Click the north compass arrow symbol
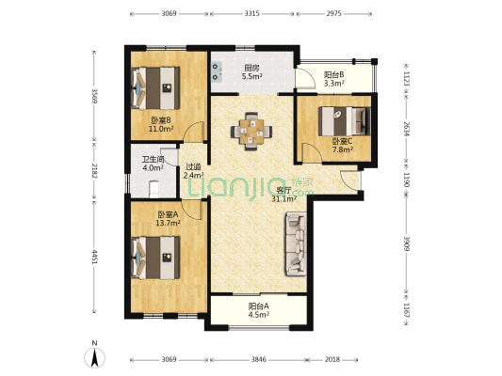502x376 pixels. (94, 357)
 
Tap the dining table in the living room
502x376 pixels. (251, 132)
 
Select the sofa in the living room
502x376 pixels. (296, 243)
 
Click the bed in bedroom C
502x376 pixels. (345, 121)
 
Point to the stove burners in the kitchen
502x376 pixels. (217, 71)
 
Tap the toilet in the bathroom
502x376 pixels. (154, 190)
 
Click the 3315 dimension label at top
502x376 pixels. (251, 14)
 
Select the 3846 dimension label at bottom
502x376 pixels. (258, 360)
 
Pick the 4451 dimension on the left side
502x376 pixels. (94, 258)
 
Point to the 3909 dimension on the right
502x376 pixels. (406, 243)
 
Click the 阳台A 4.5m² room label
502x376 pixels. (259, 310)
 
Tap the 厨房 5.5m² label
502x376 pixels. (252, 72)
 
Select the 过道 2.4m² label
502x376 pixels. (194, 171)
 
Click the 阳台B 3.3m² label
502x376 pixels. (334, 79)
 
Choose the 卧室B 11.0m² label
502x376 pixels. (161, 125)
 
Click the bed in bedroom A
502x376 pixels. (155, 258)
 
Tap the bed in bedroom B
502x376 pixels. (155, 88)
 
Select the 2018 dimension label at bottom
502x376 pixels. (332, 360)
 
